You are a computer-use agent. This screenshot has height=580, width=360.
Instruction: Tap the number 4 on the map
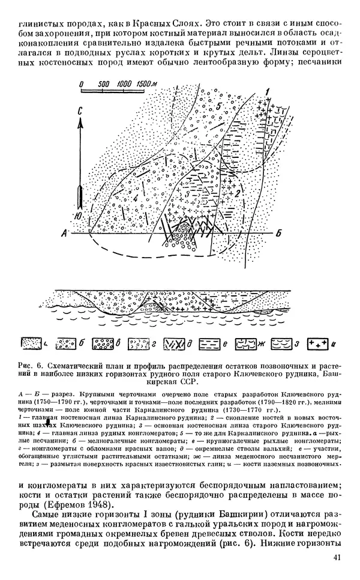tap(136, 198)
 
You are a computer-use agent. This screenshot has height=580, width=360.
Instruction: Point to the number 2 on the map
tap(239, 193)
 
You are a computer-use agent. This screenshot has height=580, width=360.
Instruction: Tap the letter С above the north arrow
tap(80, 112)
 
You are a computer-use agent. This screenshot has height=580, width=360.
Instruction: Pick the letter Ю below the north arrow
tap(80, 214)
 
